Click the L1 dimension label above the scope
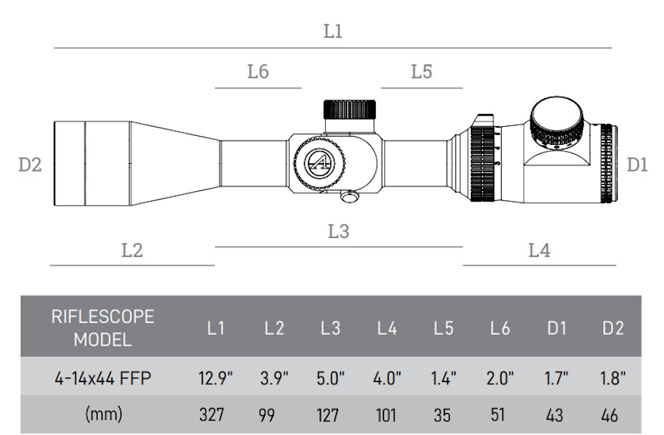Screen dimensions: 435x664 [333, 32]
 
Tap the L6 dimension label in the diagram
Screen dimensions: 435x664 [258, 72]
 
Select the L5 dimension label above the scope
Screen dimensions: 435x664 [422, 72]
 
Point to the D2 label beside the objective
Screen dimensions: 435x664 [30, 164]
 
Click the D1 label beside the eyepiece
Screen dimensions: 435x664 [638, 164]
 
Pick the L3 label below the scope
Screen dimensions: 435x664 [339, 231]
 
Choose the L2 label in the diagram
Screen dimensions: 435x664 [132, 250]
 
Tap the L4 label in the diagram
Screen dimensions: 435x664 [539, 250]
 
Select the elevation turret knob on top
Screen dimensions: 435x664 [351, 109]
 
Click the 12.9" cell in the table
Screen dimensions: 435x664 [217, 378]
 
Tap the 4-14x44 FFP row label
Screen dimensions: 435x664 [102, 378]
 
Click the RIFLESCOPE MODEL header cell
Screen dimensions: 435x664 [102, 328]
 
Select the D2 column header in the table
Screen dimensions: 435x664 [613, 328]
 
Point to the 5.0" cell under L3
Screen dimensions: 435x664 [330, 378]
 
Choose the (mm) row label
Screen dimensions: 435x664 [102, 415]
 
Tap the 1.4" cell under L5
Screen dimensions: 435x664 [444, 378]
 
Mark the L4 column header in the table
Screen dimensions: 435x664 [387, 328]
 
